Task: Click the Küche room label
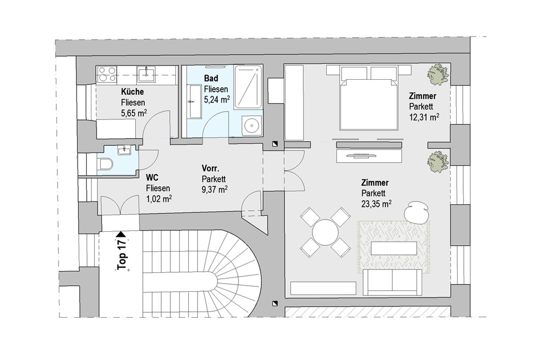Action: tap(132, 92)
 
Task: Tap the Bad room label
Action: tap(211, 78)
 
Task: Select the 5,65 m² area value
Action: tap(134, 113)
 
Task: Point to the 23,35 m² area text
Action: tap(376, 204)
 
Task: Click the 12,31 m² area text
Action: tap(424, 117)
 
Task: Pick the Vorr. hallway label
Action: tap(211, 168)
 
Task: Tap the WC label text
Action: tap(152, 178)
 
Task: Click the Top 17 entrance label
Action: tap(122, 254)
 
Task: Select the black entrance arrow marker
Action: tap(121, 234)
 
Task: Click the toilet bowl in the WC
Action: tap(105, 164)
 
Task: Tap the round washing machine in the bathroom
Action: tap(252, 126)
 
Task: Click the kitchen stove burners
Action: tap(107, 74)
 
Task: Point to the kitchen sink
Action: tap(146, 74)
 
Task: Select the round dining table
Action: tap(325, 233)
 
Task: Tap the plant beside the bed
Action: tap(438, 74)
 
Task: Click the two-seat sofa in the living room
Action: tap(392, 282)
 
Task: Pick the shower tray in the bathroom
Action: tap(248, 87)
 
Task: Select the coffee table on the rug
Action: tap(394, 248)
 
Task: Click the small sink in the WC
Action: tap(124, 151)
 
